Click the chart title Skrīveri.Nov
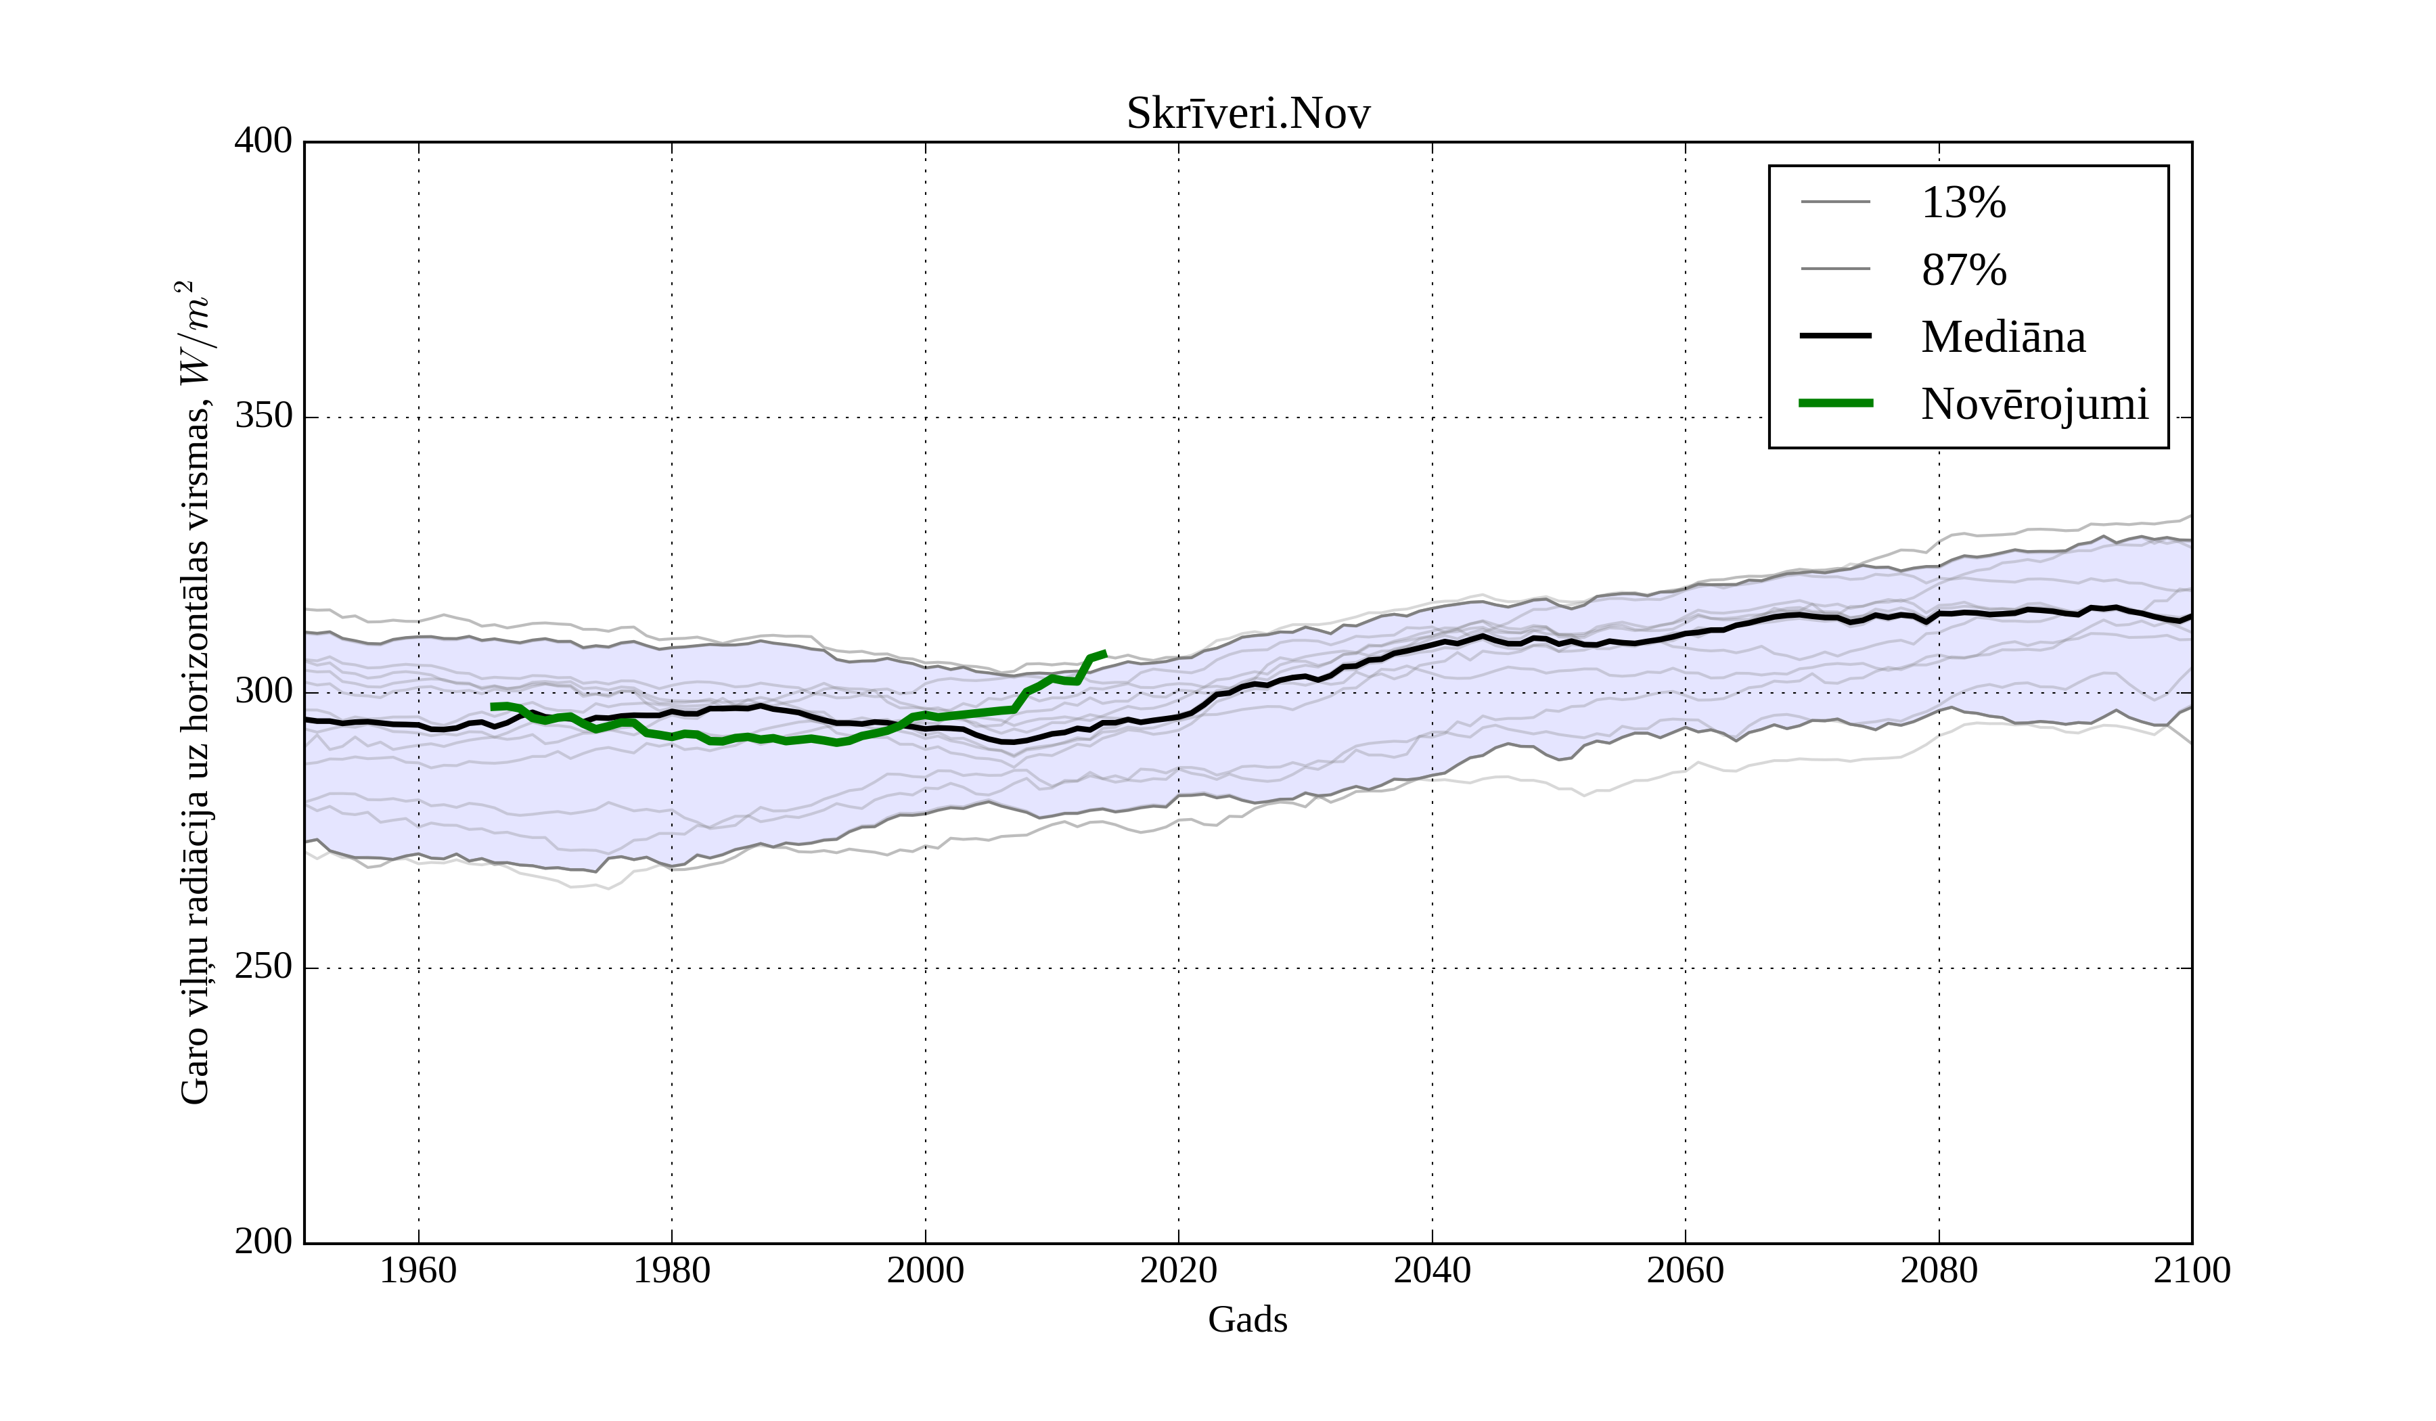coord(1247,114)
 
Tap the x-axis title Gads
coord(1247,1319)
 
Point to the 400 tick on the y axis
coord(263,141)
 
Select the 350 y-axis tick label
coord(263,417)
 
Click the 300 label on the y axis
coord(263,692)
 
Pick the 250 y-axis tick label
coord(263,967)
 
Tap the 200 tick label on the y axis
coord(263,1242)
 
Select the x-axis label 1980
coord(672,1270)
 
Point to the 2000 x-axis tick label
coord(925,1270)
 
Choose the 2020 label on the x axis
coord(1178,1270)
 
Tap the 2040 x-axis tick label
coord(1432,1270)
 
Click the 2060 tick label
coord(1685,1270)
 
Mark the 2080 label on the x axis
coord(1938,1270)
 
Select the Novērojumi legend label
coord(2034,404)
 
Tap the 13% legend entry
coord(1962,203)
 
